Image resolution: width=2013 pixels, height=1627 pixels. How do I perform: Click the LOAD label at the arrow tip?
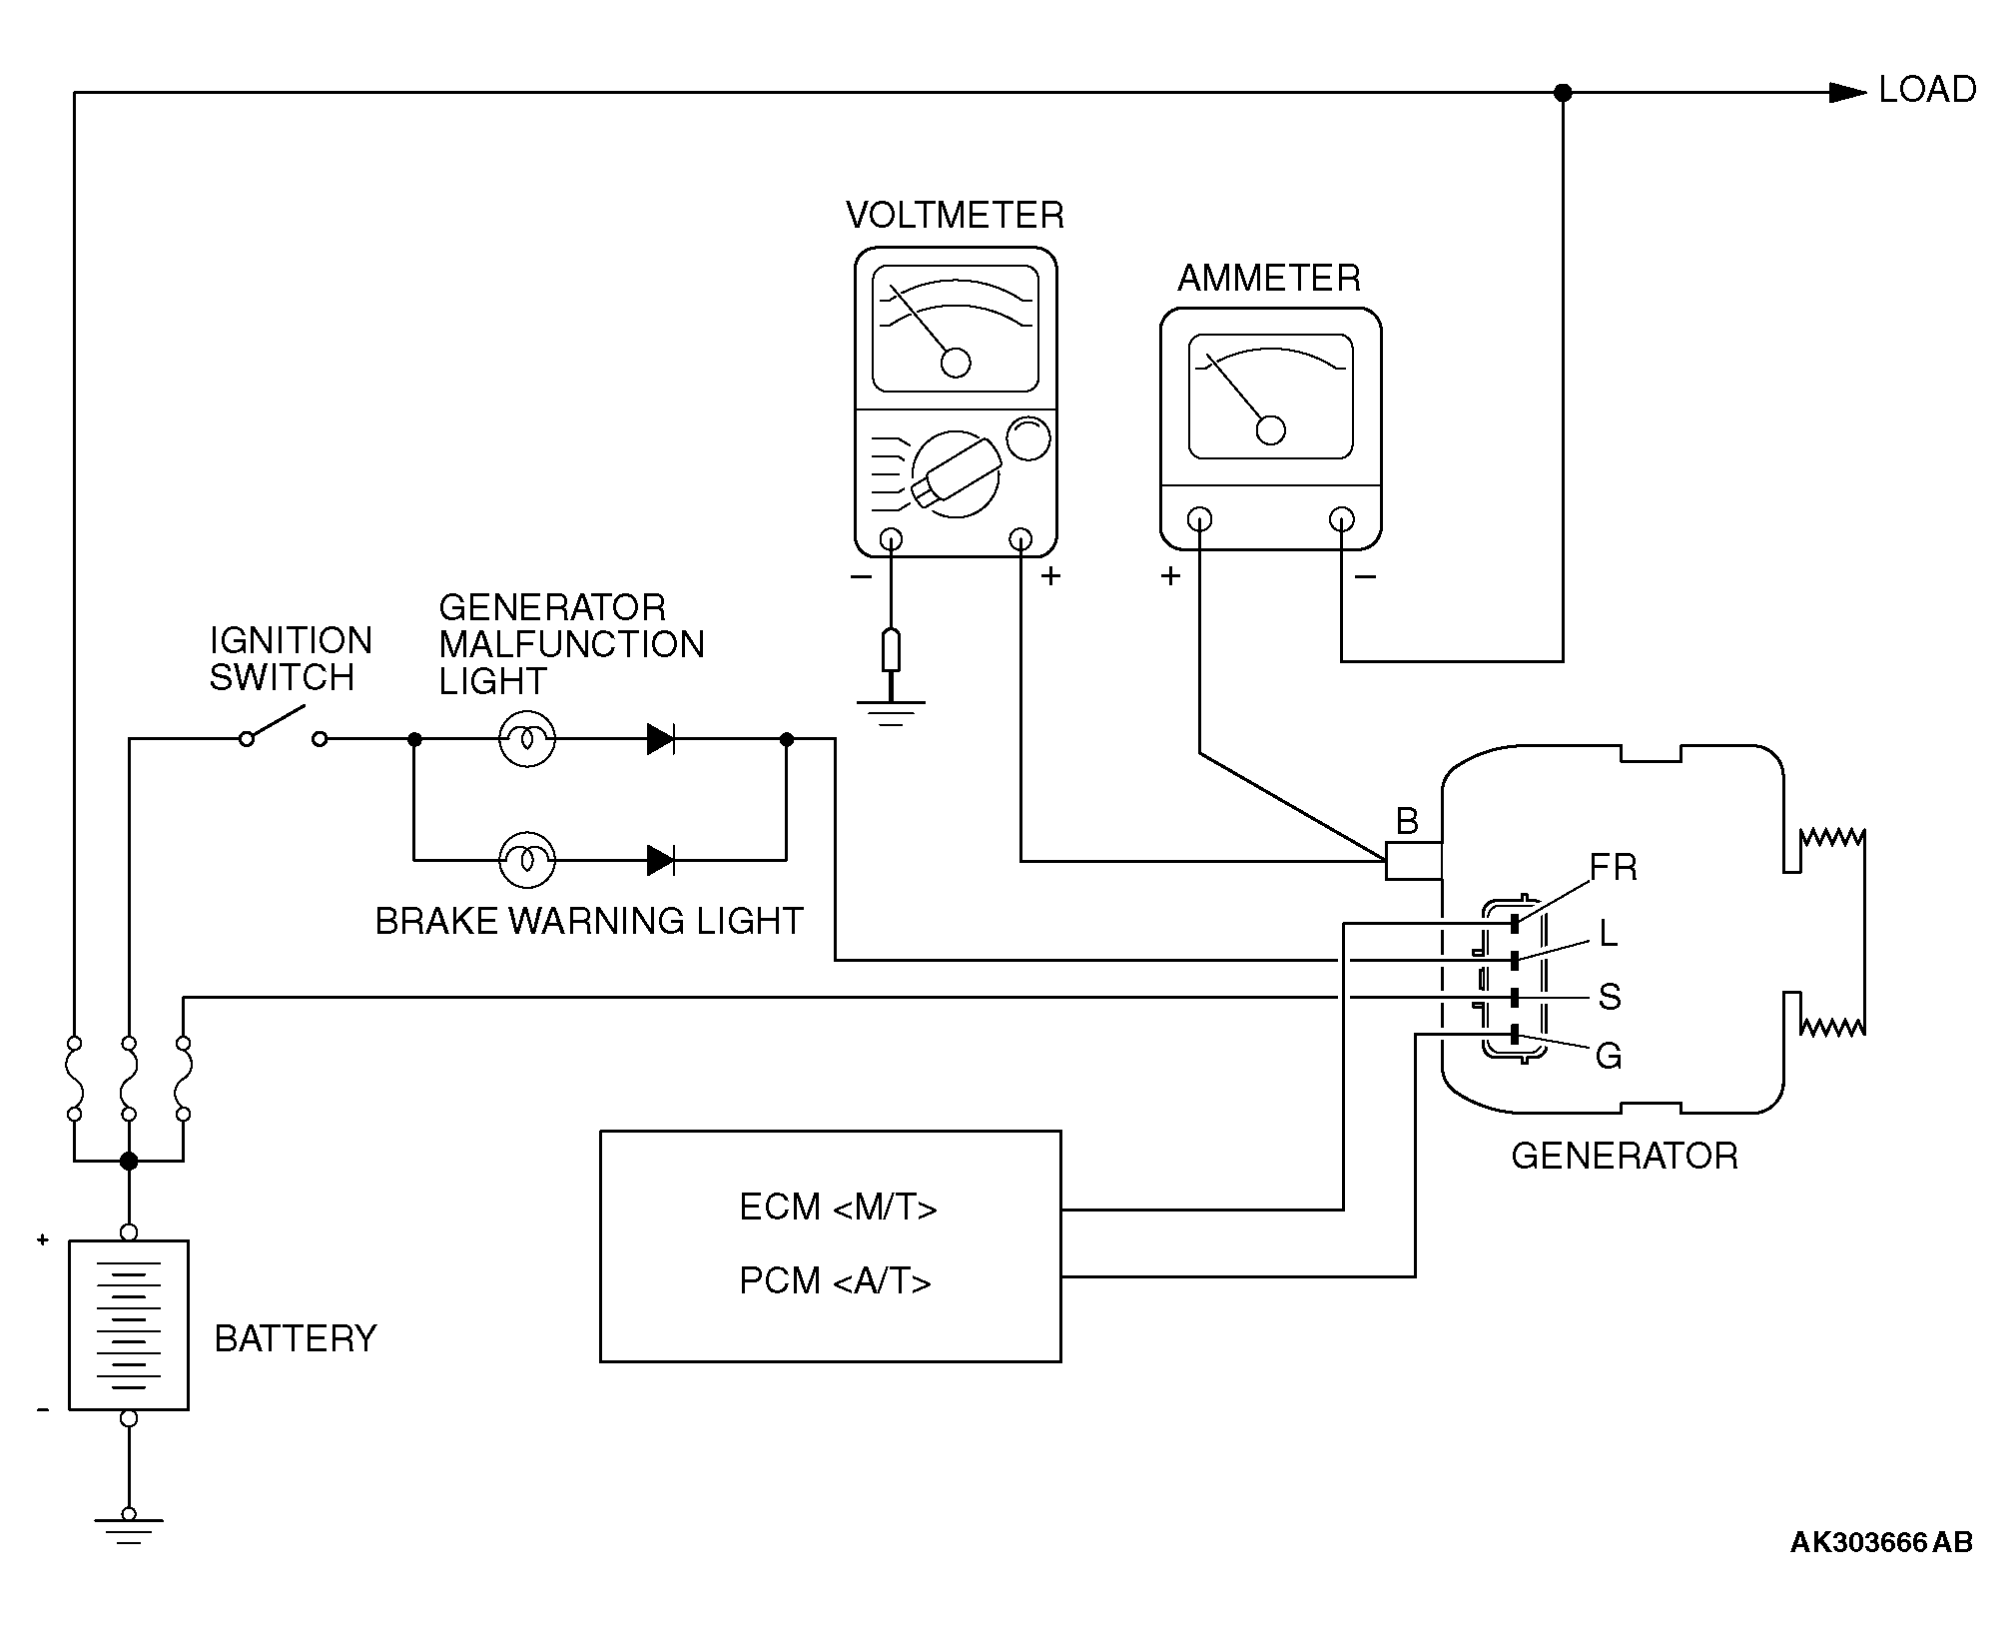coord(1927,90)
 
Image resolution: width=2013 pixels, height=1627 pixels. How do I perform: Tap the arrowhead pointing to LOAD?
coord(1847,93)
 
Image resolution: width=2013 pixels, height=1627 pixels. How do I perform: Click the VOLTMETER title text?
coord(955,216)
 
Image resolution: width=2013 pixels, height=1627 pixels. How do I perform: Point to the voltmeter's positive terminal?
coord(1020,539)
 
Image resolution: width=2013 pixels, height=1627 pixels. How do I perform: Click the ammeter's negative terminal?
coord(1342,519)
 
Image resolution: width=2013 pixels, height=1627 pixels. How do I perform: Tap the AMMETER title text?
coord(1269,278)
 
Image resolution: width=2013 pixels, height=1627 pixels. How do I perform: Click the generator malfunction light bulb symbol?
coord(527,739)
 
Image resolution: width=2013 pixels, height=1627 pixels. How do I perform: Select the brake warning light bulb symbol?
coord(527,859)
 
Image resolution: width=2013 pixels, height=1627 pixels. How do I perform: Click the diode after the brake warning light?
coord(660,859)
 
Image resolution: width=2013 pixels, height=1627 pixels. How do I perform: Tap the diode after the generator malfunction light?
coord(660,739)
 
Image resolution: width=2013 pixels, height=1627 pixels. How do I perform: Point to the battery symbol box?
coord(129,1324)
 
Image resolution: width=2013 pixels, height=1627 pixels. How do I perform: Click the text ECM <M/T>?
coord(838,1208)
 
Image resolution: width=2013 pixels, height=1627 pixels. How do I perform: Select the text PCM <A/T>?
coord(836,1280)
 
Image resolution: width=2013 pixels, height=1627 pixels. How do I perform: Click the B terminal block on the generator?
coord(1414,861)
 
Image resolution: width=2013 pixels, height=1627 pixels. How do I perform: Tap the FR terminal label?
coord(1614,867)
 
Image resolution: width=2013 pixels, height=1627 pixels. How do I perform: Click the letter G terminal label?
coord(1609,1056)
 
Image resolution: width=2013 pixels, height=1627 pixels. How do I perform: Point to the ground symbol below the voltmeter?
coord(891,712)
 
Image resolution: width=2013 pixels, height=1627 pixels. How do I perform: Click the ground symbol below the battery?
coord(129,1531)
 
